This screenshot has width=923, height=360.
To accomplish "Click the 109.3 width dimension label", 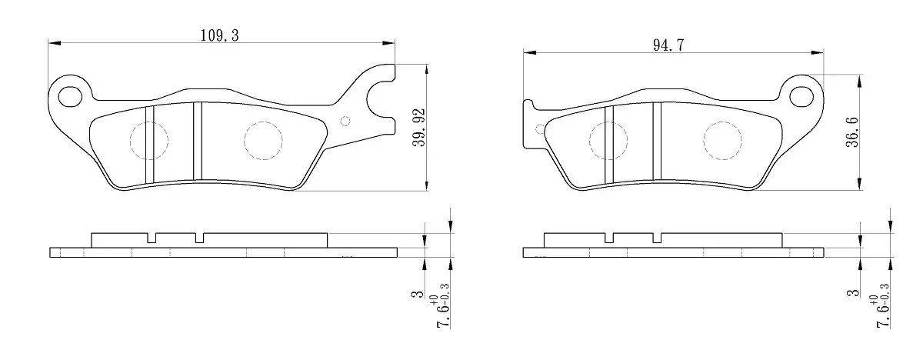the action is tap(220, 35).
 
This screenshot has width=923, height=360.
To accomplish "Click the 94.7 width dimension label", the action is tap(668, 45).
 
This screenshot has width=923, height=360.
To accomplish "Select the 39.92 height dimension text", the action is tap(418, 127).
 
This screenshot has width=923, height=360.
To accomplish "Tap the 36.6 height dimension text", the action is tap(851, 132).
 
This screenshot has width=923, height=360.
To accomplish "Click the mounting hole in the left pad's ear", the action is tap(71, 97).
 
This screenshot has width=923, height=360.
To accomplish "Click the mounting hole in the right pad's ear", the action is tap(801, 97).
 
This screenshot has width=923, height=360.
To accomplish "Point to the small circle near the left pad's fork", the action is tap(345, 121).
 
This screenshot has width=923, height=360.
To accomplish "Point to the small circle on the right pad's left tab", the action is tap(540, 129).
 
